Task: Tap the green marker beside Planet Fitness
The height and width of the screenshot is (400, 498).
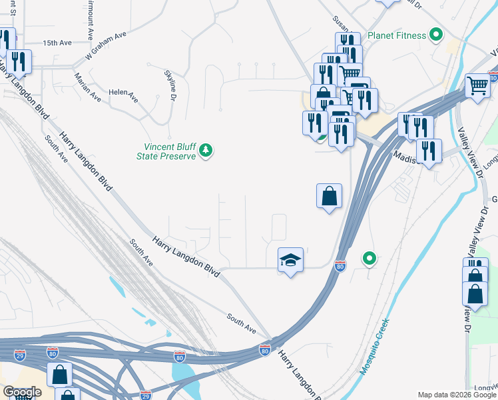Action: click(437, 34)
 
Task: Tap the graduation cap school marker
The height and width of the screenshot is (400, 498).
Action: click(290, 260)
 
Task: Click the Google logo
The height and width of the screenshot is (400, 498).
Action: click(23, 392)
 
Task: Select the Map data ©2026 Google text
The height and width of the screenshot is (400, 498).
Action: click(457, 395)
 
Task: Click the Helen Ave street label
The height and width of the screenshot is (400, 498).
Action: click(123, 95)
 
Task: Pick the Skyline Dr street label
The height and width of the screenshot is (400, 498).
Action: click(170, 85)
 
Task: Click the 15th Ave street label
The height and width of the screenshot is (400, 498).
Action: click(57, 43)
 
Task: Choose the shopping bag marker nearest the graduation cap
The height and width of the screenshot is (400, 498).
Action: click(329, 197)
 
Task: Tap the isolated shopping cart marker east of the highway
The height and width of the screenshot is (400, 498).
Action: click(478, 85)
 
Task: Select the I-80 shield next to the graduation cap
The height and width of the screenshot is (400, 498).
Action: click(340, 265)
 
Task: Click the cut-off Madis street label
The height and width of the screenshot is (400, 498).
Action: click(404, 156)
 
